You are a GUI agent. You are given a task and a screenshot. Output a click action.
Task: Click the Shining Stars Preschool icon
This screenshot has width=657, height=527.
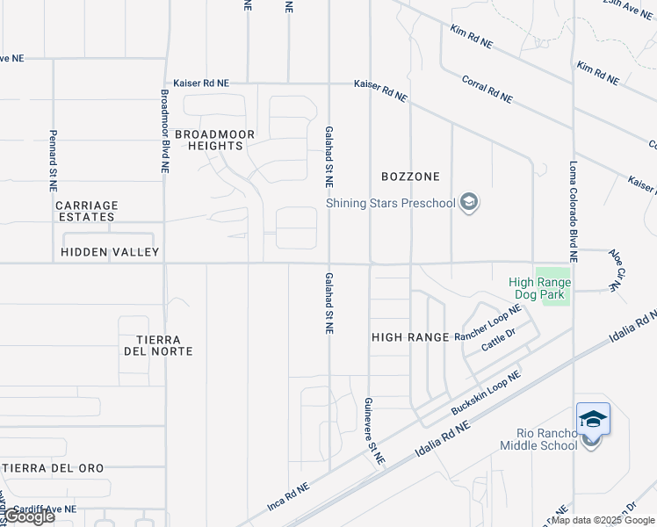470,203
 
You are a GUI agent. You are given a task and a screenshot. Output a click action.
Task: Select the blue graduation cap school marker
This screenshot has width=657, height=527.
593,419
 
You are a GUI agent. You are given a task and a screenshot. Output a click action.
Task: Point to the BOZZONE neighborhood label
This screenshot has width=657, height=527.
409,177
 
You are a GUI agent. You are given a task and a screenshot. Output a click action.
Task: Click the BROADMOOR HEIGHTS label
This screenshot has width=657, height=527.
214,140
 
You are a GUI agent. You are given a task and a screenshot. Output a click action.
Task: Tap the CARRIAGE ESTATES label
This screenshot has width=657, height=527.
86,211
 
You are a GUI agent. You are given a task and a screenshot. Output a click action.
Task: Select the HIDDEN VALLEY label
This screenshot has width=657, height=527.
110,252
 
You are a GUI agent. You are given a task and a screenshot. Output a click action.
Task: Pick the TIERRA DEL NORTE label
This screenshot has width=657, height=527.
158,345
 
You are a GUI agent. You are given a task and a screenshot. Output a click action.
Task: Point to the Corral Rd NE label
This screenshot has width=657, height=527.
487,90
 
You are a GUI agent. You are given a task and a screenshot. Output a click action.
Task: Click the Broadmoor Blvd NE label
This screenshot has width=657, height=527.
164,130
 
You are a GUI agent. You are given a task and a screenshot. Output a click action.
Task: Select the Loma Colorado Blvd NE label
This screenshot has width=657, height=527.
573,211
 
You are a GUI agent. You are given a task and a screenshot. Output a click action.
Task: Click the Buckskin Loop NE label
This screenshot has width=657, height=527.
485,393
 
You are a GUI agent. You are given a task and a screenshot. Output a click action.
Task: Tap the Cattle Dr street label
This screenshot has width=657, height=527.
497,338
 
